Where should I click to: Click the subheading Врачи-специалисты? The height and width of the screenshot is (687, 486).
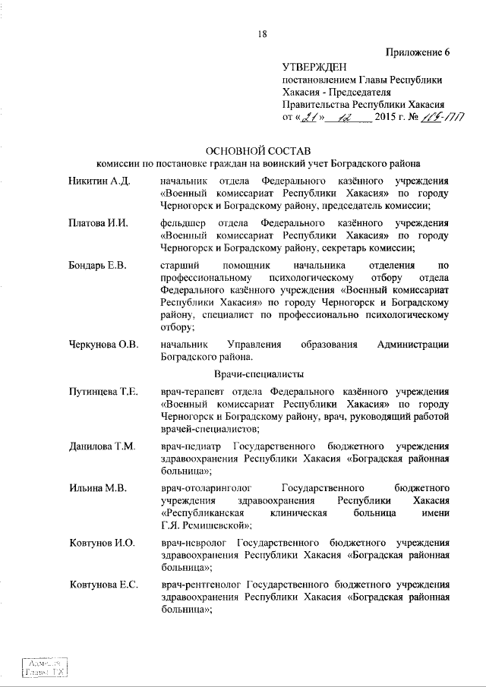[x=259, y=374]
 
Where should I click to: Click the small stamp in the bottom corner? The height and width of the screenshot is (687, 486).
[x=43, y=667]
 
